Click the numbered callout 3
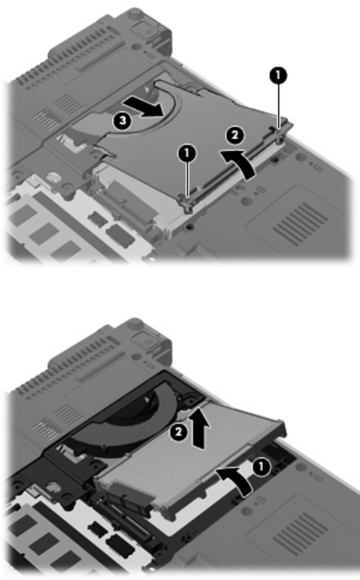(x=122, y=121)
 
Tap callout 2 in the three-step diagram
(x=235, y=135)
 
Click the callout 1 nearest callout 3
(x=187, y=153)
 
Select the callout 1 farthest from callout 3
(x=278, y=75)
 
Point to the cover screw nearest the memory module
(x=187, y=204)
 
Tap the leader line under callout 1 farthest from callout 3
(x=278, y=106)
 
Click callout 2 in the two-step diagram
(x=179, y=432)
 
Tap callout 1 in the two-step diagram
(x=261, y=468)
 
